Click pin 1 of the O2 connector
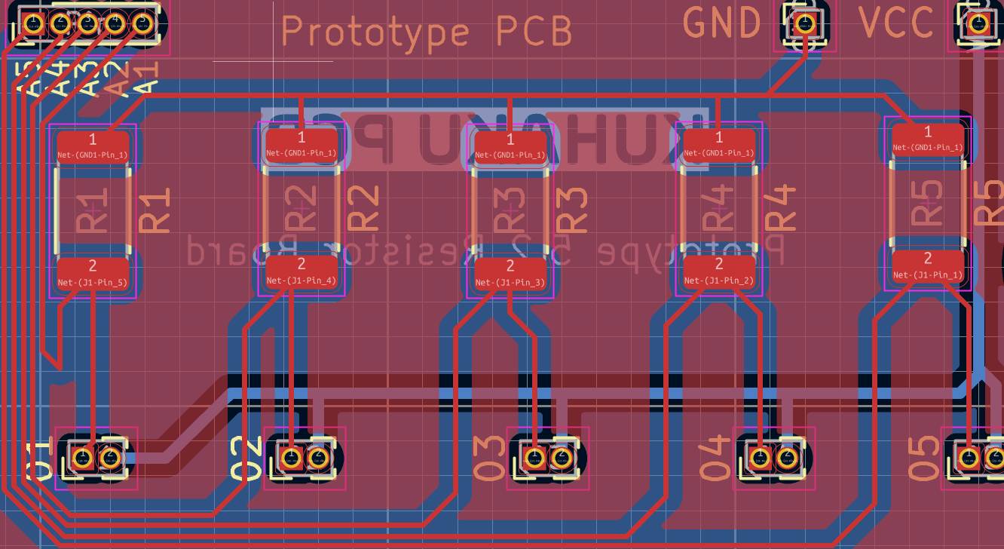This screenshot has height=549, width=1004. (290, 457)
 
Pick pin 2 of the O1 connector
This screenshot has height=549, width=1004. (110, 457)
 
